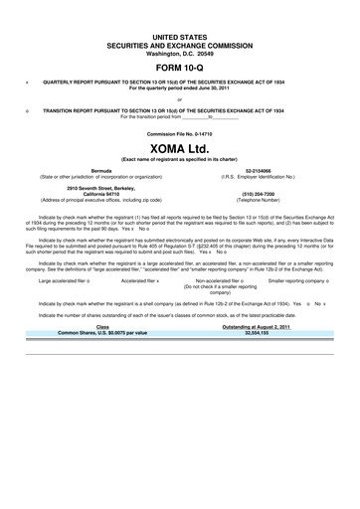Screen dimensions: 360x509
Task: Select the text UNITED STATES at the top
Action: pyautogui.click(x=179, y=34)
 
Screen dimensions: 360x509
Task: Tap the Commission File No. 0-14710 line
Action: pyautogui.click(x=179, y=132)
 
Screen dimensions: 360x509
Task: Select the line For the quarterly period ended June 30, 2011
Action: pyautogui.click(x=179, y=87)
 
